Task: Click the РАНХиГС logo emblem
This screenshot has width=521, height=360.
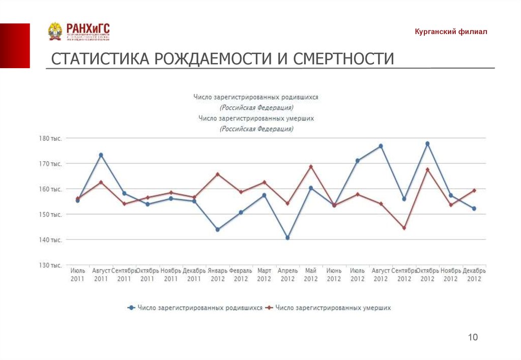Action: click(x=55, y=32)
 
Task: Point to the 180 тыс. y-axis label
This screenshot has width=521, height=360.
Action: click(x=50, y=138)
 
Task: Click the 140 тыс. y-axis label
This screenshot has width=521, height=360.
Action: click(x=50, y=240)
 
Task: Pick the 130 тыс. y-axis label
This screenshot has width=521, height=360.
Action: click(x=50, y=265)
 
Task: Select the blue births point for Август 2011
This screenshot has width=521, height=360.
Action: click(x=101, y=155)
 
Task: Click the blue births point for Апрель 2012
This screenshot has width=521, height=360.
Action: click(x=287, y=238)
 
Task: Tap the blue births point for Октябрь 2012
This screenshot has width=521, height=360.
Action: click(x=427, y=143)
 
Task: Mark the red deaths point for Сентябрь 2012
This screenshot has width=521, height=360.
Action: click(x=404, y=228)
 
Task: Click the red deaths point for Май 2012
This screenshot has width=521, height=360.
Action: click(x=311, y=167)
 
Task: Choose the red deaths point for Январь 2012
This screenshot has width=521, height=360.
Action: click(x=217, y=174)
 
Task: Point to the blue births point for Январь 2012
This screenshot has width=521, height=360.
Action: click(x=217, y=229)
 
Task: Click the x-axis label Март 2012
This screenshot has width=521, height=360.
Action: click(x=264, y=275)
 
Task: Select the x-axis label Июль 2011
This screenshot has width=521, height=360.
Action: click(x=77, y=275)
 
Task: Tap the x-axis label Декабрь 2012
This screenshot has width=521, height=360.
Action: click(x=474, y=275)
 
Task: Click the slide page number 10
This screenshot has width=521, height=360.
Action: click(x=473, y=337)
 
